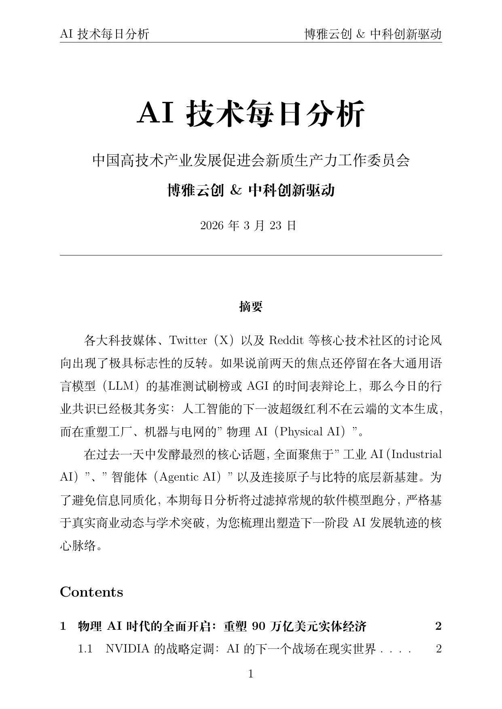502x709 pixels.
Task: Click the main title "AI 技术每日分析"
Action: (x=251, y=114)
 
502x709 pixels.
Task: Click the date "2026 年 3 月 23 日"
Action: (x=248, y=225)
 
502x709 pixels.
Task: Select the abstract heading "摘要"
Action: (x=251, y=307)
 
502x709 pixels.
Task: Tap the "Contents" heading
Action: (x=91, y=592)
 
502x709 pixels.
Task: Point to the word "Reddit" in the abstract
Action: (x=286, y=340)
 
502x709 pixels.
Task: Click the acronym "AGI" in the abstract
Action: (x=257, y=386)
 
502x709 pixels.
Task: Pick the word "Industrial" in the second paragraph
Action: (x=417, y=454)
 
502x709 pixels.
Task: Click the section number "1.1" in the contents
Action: (x=85, y=649)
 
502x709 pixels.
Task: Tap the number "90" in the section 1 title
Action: (x=258, y=626)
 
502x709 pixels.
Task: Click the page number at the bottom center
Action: (x=251, y=674)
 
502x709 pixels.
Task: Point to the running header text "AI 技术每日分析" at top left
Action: (x=104, y=34)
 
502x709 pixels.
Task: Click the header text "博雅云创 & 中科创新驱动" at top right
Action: (x=373, y=34)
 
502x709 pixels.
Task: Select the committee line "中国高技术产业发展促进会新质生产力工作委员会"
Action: (x=251, y=160)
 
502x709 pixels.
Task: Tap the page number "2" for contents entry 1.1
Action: (x=438, y=649)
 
